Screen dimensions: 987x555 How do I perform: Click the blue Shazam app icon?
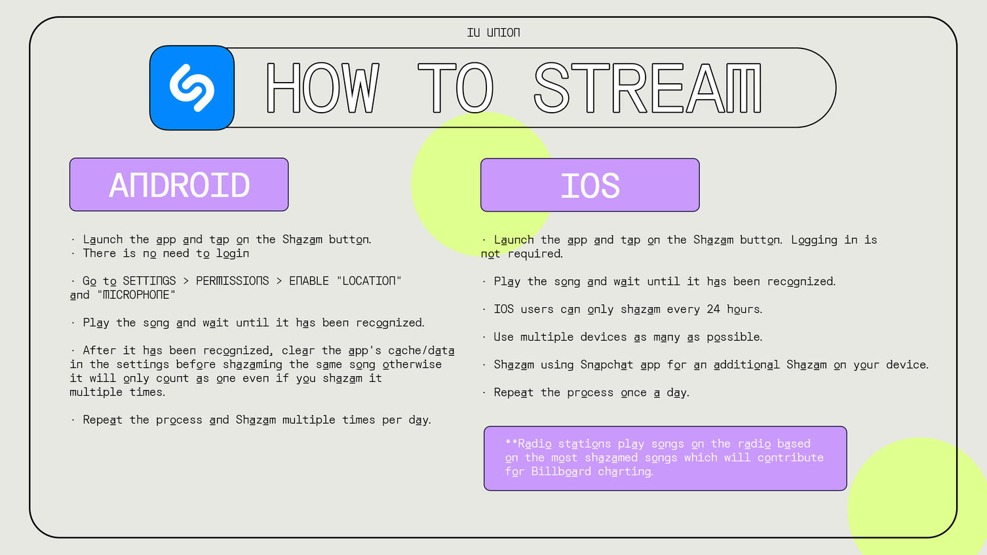tap(192, 88)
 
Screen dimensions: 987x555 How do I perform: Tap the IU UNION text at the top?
tap(493, 33)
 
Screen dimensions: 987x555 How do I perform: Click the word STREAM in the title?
tap(648, 88)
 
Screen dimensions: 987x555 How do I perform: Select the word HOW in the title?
tap(322, 88)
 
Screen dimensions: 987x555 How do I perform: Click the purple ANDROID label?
tap(179, 185)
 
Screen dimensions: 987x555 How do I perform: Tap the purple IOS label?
tap(590, 185)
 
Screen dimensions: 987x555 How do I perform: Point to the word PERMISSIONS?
tap(232, 281)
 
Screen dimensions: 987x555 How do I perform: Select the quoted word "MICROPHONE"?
tap(136, 295)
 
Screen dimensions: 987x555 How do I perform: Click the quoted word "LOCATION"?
tap(369, 281)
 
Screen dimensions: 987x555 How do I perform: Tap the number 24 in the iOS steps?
tap(713, 309)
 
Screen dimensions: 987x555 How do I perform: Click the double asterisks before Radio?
tap(511, 442)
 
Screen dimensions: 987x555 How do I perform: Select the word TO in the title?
tap(455, 88)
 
